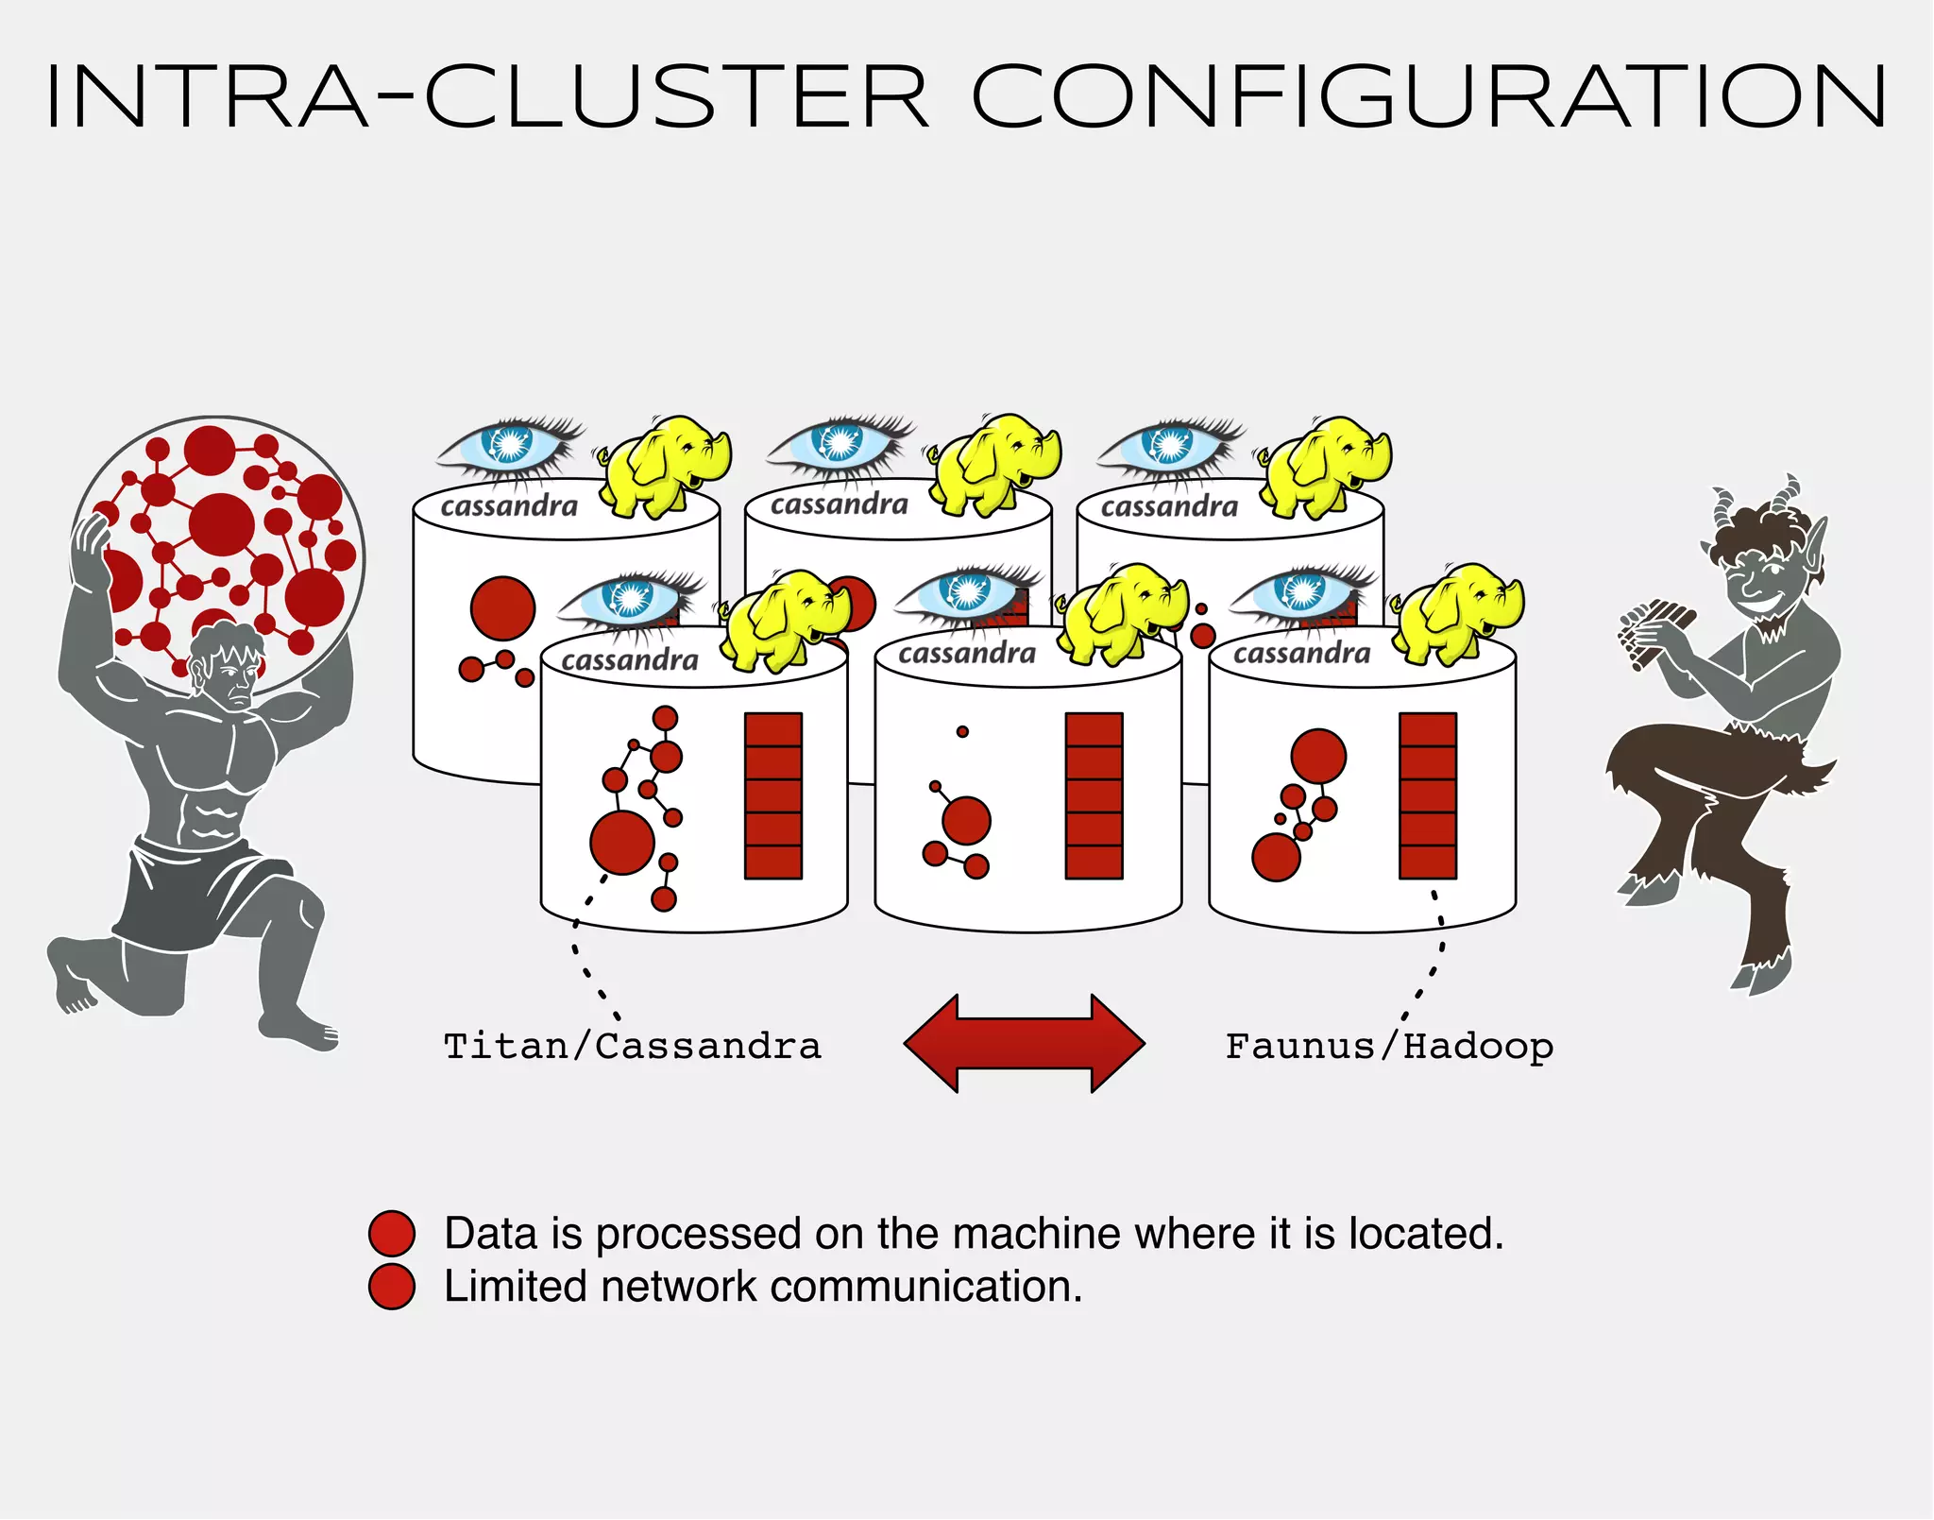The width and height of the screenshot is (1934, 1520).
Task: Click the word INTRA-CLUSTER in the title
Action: [x=486, y=96]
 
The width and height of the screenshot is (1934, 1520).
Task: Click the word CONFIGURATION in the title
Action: [x=1429, y=96]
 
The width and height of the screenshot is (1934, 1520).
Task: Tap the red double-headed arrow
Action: [x=1025, y=1043]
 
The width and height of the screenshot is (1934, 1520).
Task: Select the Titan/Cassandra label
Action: [x=632, y=1047]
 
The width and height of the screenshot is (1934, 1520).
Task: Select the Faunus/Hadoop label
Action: [x=1388, y=1047]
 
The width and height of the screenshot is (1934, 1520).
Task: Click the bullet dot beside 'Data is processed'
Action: [x=392, y=1233]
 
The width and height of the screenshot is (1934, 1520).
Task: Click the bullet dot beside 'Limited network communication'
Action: [x=392, y=1287]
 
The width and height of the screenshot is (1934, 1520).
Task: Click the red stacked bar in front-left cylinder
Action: [x=773, y=795]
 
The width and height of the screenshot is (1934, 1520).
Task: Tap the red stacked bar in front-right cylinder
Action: [x=1427, y=795]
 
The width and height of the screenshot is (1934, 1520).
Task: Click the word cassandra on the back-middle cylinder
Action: [x=839, y=505]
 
